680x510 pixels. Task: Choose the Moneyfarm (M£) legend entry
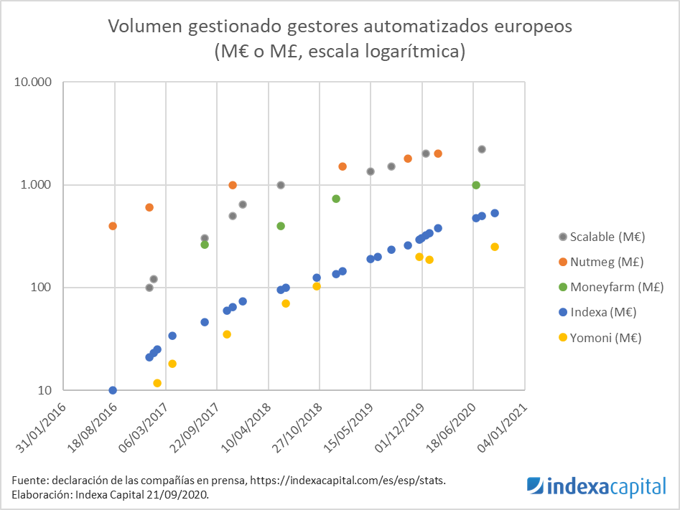coord(610,287)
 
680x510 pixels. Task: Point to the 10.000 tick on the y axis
coord(34,82)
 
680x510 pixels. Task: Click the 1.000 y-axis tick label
coord(37,185)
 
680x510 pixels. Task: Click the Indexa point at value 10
coord(113,390)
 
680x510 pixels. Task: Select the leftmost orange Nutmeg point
coord(113,226)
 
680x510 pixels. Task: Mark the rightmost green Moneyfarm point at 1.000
coord(475,185)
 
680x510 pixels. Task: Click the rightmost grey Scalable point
coord(482,149)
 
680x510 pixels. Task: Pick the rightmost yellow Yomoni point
coord(495,247)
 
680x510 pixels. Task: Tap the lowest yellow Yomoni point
coord(157,383)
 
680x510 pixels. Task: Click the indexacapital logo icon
coord(535,486)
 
